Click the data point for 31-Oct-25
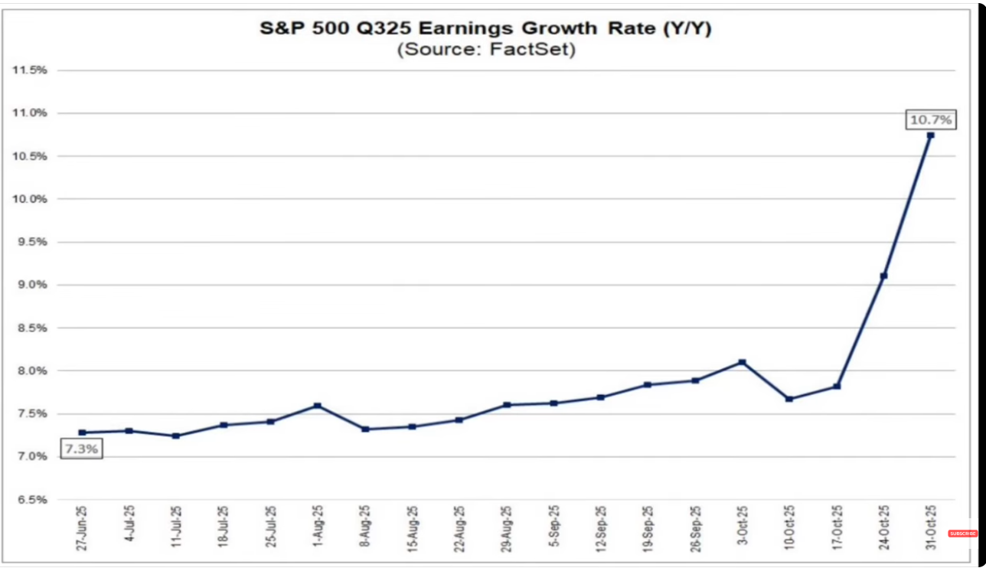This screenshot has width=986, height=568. [x=930, y=135]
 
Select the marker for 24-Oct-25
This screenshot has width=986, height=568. [x=883, y=276]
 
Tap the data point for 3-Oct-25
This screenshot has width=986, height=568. [x=742, y=362]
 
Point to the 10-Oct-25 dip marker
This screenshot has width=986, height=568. [x=789, y=399]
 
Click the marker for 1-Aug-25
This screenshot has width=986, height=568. [x=318, y=406]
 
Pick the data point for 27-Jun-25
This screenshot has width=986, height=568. [x=82, y=433]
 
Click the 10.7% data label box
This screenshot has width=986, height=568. [x=930, y=119]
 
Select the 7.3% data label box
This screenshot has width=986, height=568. [x=80, y=449]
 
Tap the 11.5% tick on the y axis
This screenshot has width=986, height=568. [x=30, y=70]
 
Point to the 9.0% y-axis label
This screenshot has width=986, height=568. [x=31, y=285]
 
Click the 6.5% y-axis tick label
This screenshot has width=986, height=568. [x=31, y=500]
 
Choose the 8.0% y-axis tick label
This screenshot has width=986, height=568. [x=31, y=371]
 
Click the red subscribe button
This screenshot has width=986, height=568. [x=962, y=533]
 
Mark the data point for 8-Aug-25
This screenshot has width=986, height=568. [x=365, y=429]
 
